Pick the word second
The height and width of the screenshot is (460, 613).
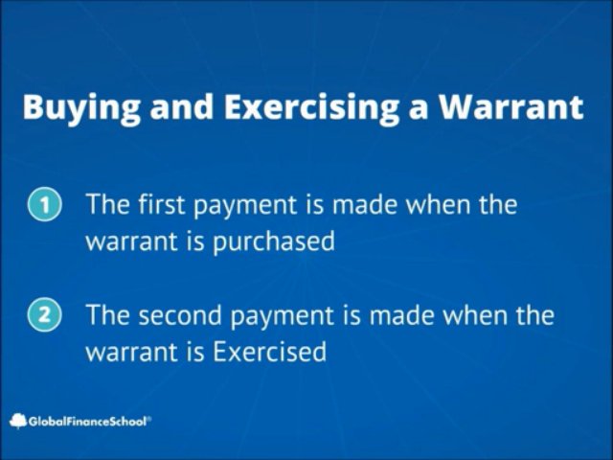point(186,315)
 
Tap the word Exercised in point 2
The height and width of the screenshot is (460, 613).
point(269,352)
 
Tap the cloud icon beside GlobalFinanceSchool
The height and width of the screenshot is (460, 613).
point(17,420)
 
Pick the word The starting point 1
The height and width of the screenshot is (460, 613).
point(109,205)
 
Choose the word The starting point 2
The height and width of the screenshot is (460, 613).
point(109,315)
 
